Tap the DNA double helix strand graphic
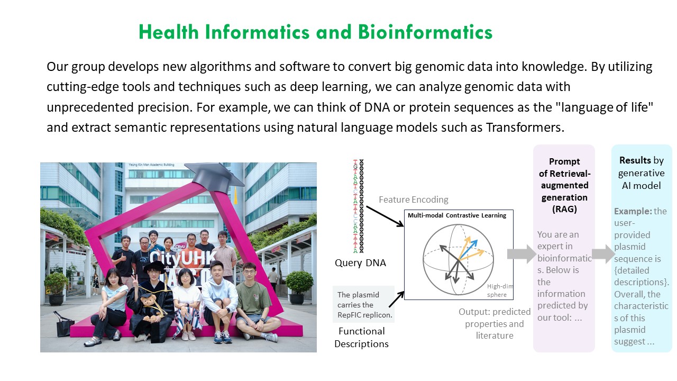359,206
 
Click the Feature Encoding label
414,199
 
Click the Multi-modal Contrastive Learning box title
457,215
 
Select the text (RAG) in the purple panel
564,209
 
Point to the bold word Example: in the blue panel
633,211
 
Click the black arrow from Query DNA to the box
385,216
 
